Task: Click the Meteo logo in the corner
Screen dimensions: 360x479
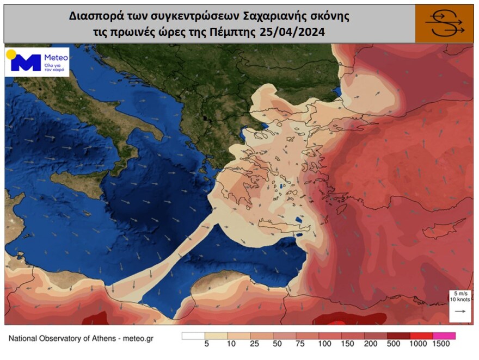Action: (x=37, y=61)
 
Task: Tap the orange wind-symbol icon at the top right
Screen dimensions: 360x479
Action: (x=444, y=24)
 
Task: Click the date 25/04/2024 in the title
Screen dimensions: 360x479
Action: (x=297, y=32)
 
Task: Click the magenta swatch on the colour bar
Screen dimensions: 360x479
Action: (x=444, y=336)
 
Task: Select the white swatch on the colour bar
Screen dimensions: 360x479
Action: (x=193, y=336)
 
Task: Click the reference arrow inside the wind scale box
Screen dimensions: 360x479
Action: (x=459, y=312)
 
